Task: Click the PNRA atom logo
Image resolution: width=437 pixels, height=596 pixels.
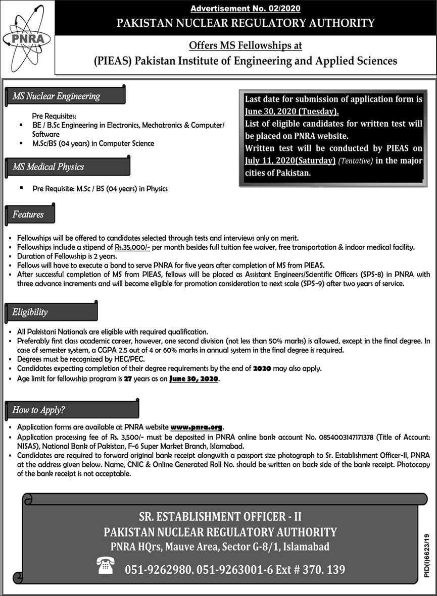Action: pyautogui.click(x=26, y=39)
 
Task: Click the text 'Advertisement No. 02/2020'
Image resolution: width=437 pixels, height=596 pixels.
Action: pyautogui.click(x=245, y=9)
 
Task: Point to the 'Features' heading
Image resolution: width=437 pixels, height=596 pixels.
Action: pyautogui.click(x=29, y=214)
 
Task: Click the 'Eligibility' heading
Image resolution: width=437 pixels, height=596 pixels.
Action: pyautogui.click(x=30, y=312)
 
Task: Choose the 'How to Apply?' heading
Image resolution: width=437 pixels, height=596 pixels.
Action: pyautogui.click(x=39, y=410)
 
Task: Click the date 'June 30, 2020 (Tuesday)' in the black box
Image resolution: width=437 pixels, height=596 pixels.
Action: pyautogui.click(x=292, y=111)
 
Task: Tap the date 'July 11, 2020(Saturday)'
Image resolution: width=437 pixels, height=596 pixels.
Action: pyautogui.click(x=290, y=160)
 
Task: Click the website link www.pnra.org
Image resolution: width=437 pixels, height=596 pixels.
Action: pyautogui.click(x=197, y=427)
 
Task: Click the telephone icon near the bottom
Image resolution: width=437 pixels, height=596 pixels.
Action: pyautogui.click(x=107, y=566)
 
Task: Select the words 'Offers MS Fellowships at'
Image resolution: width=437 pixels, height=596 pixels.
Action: pyautogui.click(x=245, y=46)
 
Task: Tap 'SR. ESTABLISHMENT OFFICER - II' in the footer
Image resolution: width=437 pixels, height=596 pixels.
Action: pyautogui.click(x=220, y=516)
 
